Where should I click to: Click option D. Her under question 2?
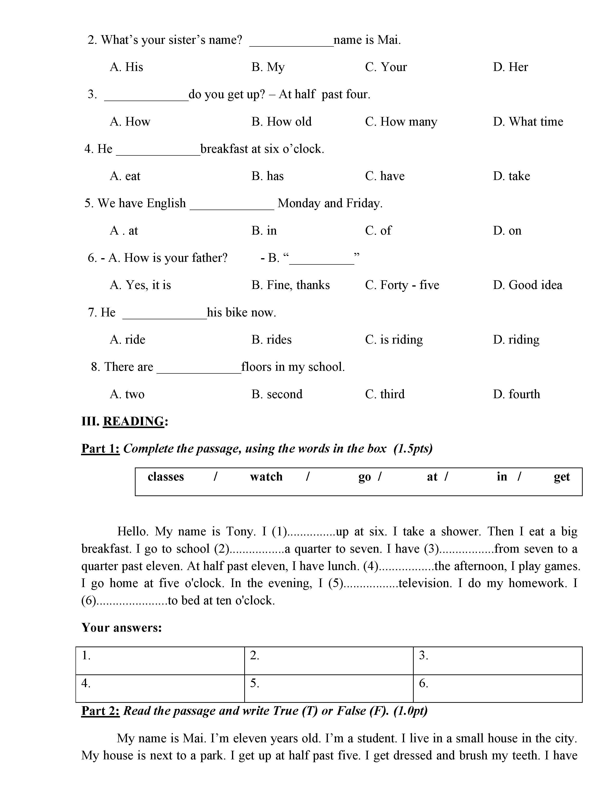click(x=510, y=67)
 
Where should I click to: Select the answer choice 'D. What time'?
click(x=528, y=122)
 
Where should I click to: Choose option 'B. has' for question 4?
click(x=267, y=176)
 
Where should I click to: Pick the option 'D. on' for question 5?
click(x=507, y=231)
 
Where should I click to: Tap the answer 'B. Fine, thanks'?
click(x=291, y=285)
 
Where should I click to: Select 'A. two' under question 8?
click(x=127, y=394)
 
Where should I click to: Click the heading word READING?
click(x=134, y=422)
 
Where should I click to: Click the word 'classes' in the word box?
click(x=166, y=477)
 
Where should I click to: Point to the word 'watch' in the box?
click(x=266, y=477)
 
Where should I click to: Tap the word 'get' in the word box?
click(x=561, y=477)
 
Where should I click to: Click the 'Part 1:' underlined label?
click(x=100, y=449)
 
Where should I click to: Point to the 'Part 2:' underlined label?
click(x=100, y=711)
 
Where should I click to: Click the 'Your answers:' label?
click(x=122, y=628)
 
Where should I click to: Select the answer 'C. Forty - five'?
click(x=402, y=285)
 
